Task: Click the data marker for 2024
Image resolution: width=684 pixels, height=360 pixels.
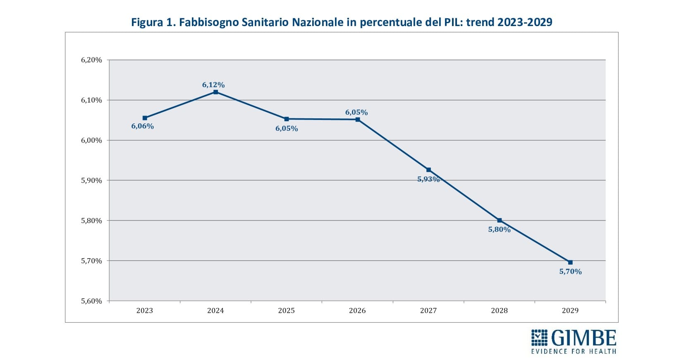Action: tap(215, 92)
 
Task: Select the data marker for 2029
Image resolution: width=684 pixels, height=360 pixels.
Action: tap(570, 262)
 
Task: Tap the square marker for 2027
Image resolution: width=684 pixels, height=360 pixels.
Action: tap(428, 170)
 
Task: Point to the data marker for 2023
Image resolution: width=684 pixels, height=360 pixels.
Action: tap(145, 118)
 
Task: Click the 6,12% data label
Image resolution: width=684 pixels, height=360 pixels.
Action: tap(213, 85)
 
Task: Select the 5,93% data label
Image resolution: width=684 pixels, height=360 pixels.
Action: tap(428, 179)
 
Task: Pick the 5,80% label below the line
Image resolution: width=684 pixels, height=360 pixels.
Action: tap(499, 229)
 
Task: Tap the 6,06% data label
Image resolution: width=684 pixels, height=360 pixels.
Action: tap(143, 126)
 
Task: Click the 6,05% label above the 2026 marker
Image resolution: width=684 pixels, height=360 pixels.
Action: tap(356, 112)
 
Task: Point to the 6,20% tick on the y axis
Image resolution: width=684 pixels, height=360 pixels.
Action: tap(91, 60)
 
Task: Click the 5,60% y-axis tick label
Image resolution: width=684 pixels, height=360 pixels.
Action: tap(91, 301)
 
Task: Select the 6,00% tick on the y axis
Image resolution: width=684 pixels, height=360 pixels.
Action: tap(91, 140)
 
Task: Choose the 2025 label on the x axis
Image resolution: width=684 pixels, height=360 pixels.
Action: tap(286, 310)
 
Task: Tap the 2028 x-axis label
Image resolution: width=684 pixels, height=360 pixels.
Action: tap(499, 310)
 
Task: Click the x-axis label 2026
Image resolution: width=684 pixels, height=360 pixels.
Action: tap(357, 310)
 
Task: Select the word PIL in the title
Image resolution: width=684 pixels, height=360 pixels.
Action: tap(453, 22)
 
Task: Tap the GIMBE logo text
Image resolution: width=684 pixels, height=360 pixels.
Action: tap(584, 338)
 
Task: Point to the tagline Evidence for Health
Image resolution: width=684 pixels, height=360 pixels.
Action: tap(574, 351)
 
